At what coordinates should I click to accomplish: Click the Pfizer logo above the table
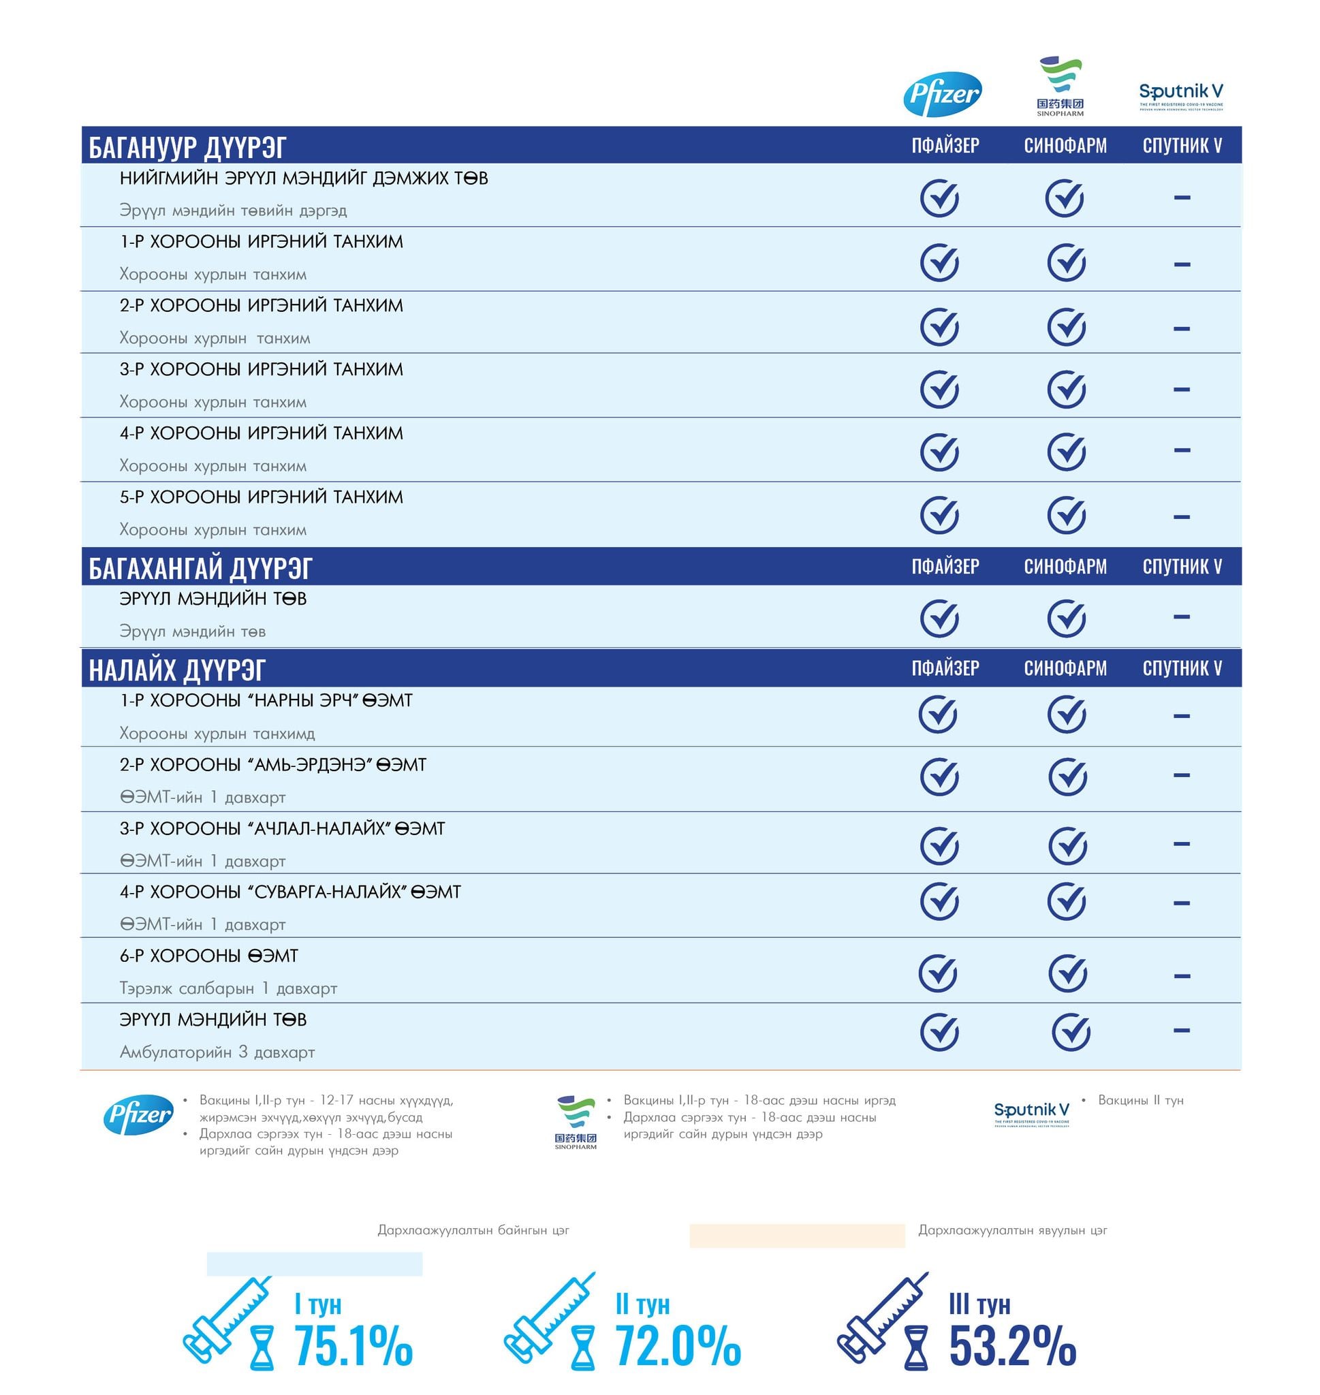942,93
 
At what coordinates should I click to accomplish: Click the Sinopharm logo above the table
1060,87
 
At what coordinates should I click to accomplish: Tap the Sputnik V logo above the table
1180,95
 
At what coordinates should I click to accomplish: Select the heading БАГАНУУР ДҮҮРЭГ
187,147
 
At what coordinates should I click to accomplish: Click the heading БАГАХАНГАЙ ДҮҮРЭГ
200,567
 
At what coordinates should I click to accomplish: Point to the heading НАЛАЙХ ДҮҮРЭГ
176,669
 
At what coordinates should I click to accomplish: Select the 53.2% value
1012,1345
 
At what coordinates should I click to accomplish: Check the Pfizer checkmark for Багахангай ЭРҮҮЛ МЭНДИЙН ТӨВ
939,618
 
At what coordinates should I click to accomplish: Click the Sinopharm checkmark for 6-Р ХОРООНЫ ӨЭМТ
1067,973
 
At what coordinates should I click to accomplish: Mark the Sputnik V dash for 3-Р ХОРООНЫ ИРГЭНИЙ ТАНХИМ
1181,389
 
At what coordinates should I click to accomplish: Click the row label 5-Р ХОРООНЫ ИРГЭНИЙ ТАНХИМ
261,497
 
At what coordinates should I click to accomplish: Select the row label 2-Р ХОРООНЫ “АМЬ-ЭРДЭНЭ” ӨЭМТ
273,765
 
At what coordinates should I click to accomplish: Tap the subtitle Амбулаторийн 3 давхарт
217,1052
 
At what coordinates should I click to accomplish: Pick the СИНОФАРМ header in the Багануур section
1065,146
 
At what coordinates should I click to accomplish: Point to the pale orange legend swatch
796,1236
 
